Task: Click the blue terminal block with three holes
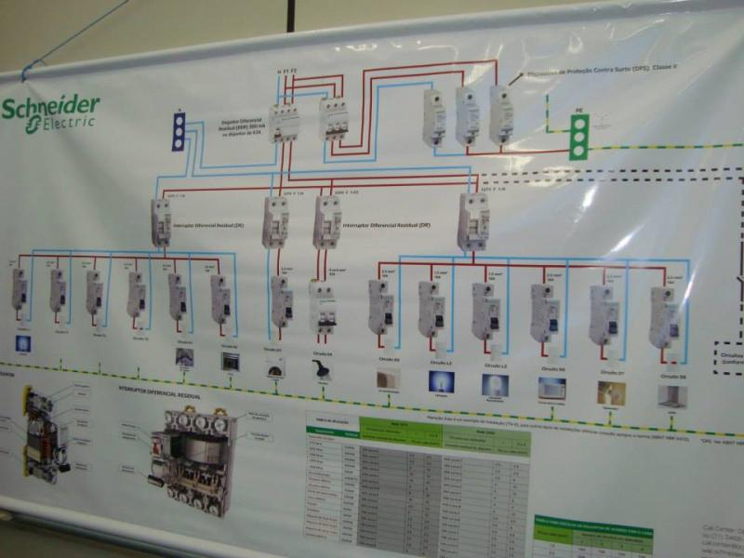(179, 131)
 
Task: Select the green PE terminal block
(579, 137)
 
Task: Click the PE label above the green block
(578, 111)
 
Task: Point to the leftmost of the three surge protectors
(433, 117)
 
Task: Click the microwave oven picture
(551, 388)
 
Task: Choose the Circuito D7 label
(610, 372)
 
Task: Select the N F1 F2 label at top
(287, 71)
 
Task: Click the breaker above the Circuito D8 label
(664, 317)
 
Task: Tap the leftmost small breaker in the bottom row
(19, 288)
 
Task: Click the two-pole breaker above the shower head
(323, 308)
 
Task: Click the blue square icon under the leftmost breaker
(22, 343)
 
